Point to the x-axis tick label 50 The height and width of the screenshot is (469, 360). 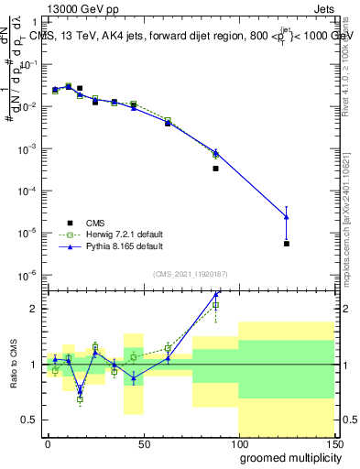click(143, 442)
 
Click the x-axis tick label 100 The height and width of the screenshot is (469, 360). click(238, 442)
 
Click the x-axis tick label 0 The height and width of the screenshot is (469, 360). click(48, 442)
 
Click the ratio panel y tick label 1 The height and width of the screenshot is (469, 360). click(34, 365)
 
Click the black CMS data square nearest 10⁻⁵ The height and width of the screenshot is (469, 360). click(287, 244)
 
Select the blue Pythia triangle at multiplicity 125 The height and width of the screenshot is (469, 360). click(287, 216)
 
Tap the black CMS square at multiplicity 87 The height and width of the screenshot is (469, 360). click(216, 169)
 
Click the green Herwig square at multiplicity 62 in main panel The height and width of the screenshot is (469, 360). click(168, 120)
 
